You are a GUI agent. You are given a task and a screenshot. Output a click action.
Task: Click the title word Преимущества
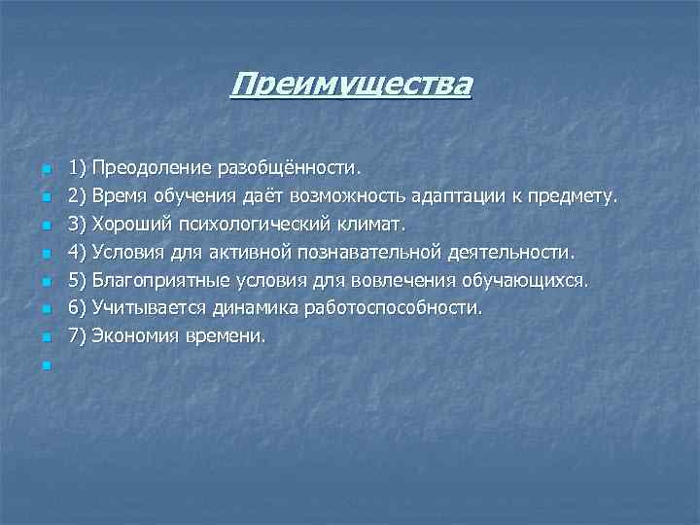coord(351,85)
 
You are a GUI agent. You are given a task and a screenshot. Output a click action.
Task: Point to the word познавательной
coord(364,253)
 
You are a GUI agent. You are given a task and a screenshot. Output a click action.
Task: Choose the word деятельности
coord(512,253)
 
